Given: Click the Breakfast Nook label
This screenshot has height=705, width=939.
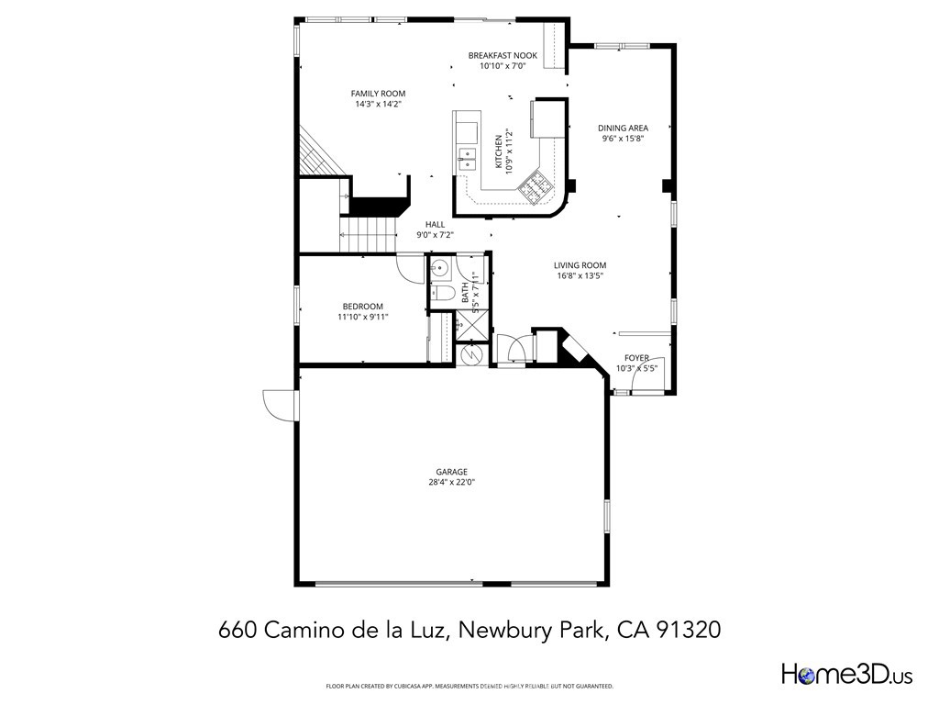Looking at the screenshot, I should [503, 55].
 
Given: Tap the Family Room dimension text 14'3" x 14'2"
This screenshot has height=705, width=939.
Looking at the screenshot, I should [378, 104].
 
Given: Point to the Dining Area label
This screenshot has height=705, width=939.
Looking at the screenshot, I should [624, 129].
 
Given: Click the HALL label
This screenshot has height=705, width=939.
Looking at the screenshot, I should [435, 224].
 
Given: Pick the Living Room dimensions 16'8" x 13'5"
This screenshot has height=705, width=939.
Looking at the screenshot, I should [580, 275].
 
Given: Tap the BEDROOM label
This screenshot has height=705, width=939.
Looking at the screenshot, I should [363, 307].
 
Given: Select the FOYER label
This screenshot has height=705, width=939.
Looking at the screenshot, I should [636, 358].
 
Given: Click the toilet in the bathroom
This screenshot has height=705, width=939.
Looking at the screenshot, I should [443, 294].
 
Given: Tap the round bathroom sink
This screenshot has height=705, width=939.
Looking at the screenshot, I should [440, 269].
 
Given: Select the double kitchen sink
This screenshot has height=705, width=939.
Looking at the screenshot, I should [467, 158].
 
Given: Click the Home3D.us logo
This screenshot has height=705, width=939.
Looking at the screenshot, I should [845, 675].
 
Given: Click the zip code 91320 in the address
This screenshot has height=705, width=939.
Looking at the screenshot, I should [693, 631].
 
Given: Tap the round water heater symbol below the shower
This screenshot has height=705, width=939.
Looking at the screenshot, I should [472, 354].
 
